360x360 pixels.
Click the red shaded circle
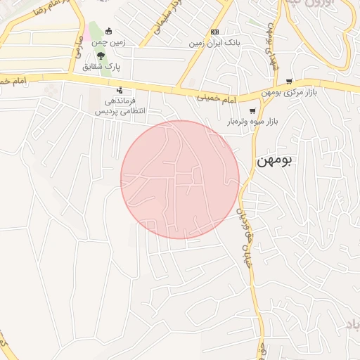180,179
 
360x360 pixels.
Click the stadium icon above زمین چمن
108,31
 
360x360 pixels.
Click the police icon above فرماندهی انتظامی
120,90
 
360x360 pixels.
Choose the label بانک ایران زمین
214,43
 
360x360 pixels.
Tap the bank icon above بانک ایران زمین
214,32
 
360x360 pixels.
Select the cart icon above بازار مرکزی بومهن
289,81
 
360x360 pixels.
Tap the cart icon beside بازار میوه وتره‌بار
252,110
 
